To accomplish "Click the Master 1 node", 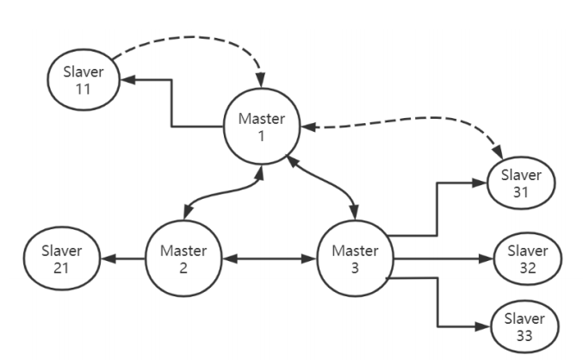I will click(262, 127).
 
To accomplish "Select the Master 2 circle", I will click(183, 258).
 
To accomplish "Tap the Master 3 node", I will click(354, 258).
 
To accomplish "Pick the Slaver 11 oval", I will click(83, 79).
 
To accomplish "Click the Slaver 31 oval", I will click(521, 183).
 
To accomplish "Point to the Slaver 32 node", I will click(527, 258).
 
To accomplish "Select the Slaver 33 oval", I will click(524, 325).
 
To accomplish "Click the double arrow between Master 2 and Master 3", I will click(268, 258).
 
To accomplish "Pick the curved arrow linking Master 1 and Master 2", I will click(220, 195).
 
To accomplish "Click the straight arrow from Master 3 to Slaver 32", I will click(439, 258).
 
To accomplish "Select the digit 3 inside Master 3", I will click(354, 267).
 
